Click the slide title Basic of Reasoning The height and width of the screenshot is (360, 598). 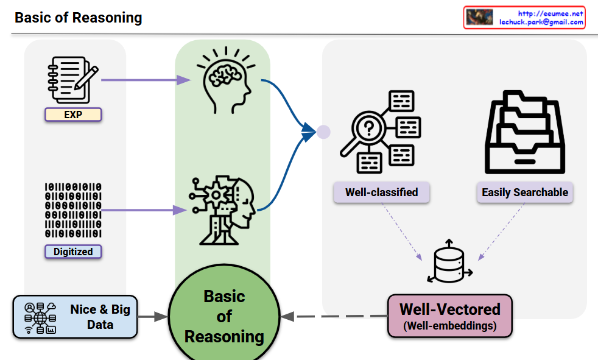click(78, 17)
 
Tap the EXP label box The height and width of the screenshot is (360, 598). click(73, 114)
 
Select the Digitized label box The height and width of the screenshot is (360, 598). click(73, 252)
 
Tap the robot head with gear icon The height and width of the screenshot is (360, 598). click(222, 211)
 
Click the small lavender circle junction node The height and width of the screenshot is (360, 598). click(323, 131)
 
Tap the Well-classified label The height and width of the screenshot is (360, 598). click(382, 192)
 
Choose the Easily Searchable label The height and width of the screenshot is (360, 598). click(524, 192)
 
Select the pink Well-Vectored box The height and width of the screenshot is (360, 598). click(449, 316)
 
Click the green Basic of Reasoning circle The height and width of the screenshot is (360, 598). click(224, 316)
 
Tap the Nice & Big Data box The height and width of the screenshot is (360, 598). click(75, 317)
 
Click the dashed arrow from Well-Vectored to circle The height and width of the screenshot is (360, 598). click(335, 317)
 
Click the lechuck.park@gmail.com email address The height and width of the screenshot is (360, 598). click(541, 21)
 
